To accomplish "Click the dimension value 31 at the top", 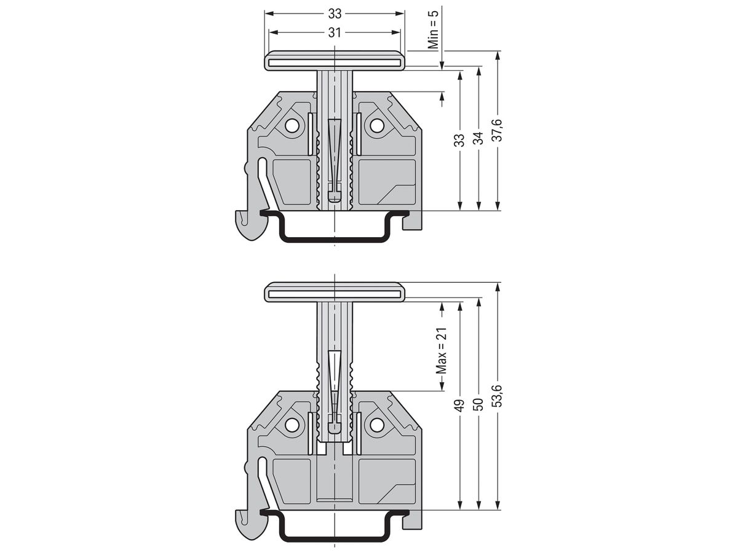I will [x=335, y=33].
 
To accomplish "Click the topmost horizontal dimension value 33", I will [x=335, y=12].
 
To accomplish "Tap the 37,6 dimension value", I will [x=498, y=130].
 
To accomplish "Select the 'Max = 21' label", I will [x=441, y=350].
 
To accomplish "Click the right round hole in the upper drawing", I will [x=375, y=126].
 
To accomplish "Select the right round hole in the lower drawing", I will [x=375, y=425].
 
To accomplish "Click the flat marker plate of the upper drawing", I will [x=335, y=61].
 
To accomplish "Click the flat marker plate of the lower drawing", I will [x=335, y=292].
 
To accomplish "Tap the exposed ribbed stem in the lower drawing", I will [x=335, y=369].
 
